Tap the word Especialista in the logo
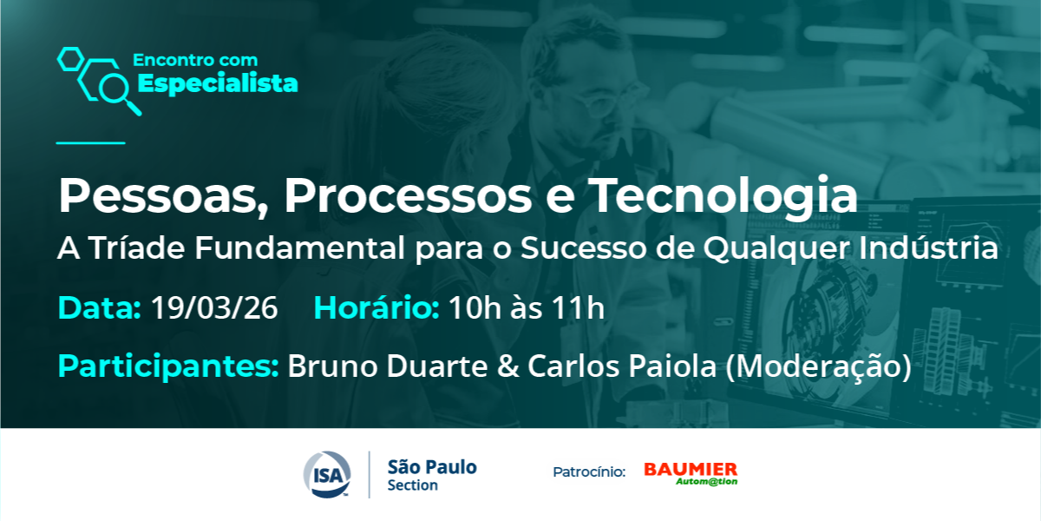pos(218,84)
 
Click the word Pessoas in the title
pos(158,196)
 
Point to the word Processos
pos(408,196)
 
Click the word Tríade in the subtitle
pos(137,247)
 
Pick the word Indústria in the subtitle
pos(928,247)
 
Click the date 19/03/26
pos(214,308)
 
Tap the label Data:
pos(100,308)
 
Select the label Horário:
pos(376,308)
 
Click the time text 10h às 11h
pos(527,308)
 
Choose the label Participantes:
pos(168,366)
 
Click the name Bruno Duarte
pos(388,366)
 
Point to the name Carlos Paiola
pos(622,366)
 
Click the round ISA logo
pos(327,474)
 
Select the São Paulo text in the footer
pos(432,467)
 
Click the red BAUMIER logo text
pos(691,470)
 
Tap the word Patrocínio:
pos(589,472)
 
